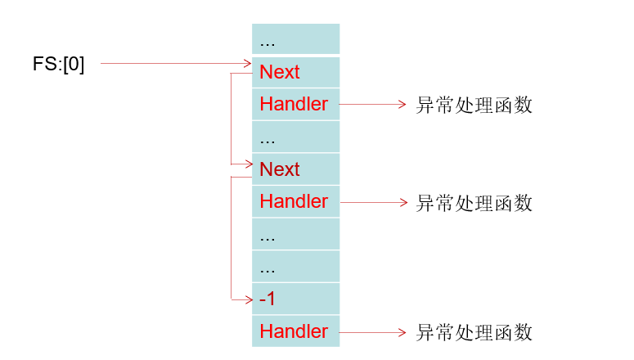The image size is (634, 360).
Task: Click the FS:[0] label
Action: click(58, 64)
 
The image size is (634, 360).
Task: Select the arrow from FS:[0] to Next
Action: click(175, 63)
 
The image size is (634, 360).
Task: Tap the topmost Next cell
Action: click(295, 72)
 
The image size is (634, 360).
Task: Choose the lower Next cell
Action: click(295, 169)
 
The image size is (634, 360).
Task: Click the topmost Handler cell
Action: click(295, 104)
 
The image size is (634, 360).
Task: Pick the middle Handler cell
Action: click(295, 201)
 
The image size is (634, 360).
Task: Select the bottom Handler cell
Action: click(295, 331)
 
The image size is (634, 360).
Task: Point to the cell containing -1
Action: click(295, 299)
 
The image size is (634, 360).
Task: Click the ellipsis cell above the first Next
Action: click(295, 39)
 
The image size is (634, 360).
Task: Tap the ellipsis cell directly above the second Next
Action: click(295, 137)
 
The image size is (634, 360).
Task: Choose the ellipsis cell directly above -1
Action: click(295, 267)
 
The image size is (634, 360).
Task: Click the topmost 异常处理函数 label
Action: click(474, 106)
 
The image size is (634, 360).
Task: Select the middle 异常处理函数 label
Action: click(474, 203)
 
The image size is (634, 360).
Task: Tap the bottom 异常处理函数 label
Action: click(474, 332)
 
